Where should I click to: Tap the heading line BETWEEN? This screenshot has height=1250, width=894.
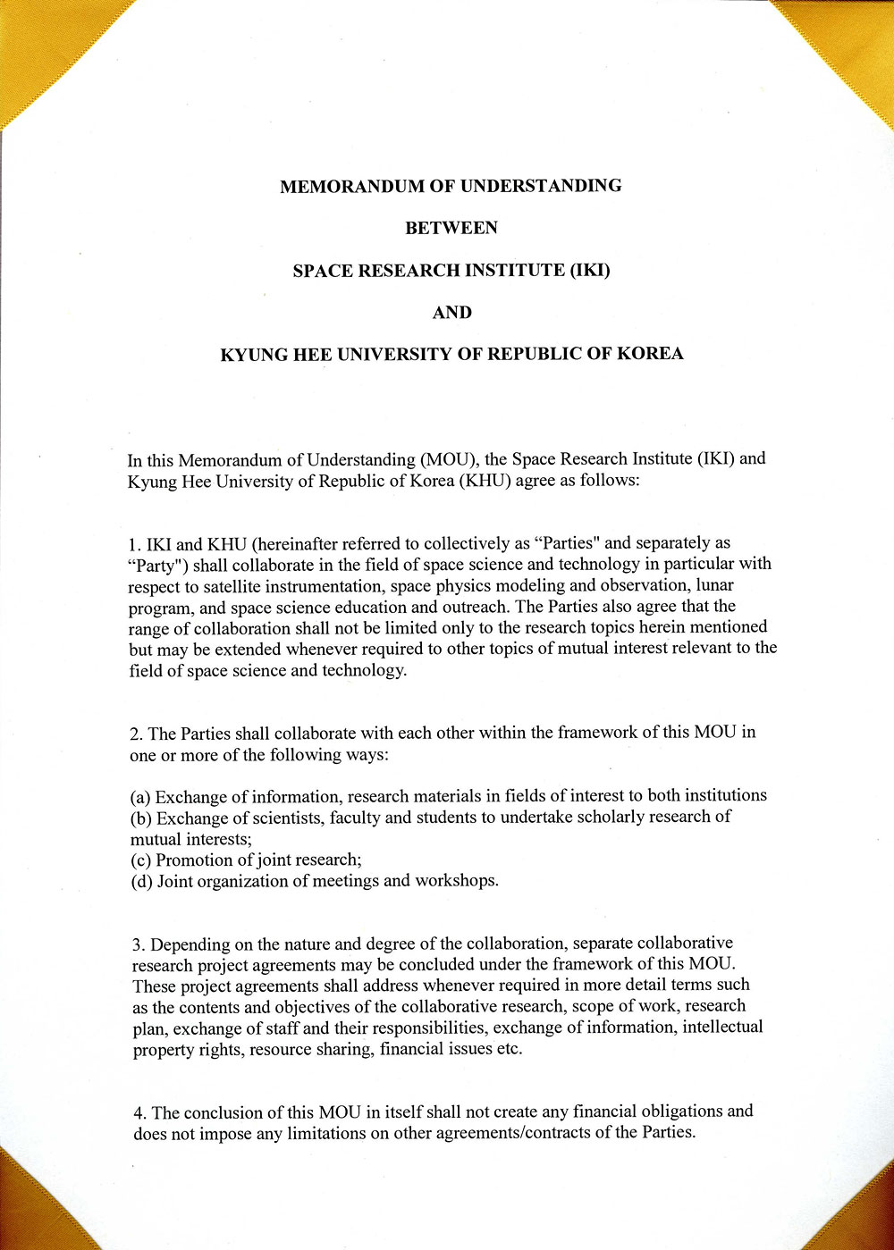[451, 229]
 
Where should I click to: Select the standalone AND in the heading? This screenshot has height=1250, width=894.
[451, 313]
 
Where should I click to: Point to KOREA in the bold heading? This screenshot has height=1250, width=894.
[649, 353]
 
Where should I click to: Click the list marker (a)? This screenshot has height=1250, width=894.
[140, 797]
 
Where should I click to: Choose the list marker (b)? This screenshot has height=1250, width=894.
[140, 818]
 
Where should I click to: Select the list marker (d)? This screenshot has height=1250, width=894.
[141, 882]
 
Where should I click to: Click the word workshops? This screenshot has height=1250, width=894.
[456, 881]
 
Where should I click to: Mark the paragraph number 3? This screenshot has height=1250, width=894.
[138, 945]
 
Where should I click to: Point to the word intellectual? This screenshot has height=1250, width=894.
[722, 1027]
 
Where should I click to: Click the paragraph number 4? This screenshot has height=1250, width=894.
[139, 1113]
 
